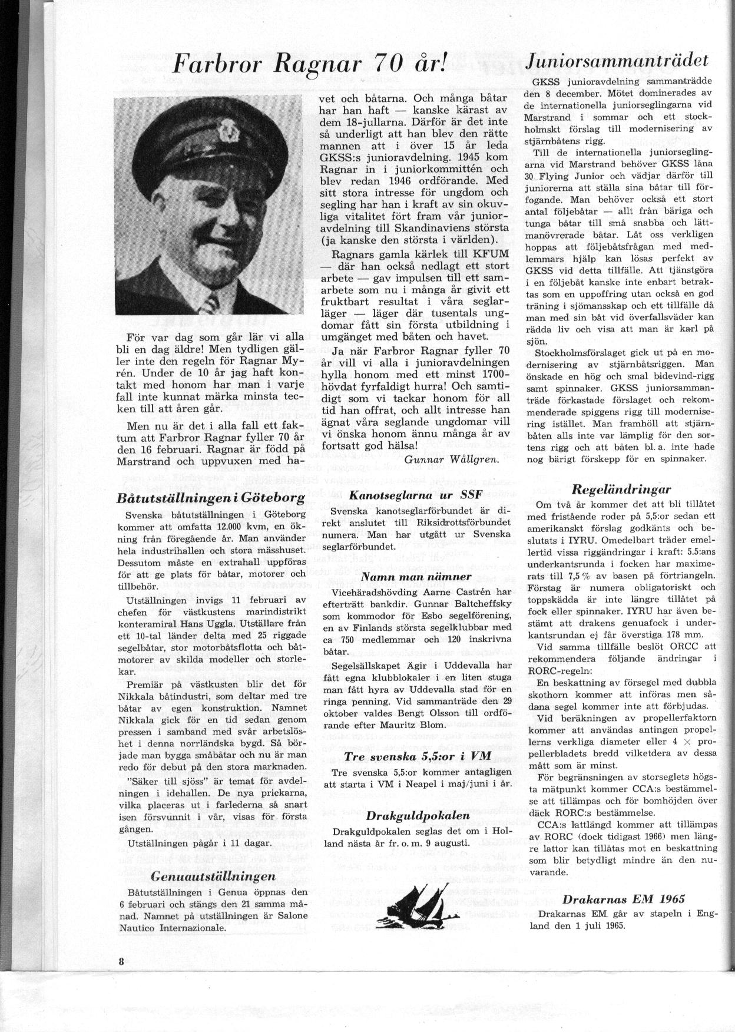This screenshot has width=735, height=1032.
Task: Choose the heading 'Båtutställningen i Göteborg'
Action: pos(211,498)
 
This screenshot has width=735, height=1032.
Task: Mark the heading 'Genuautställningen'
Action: pos(213,875)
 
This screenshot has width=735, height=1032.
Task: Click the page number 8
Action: pos(121,961)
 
